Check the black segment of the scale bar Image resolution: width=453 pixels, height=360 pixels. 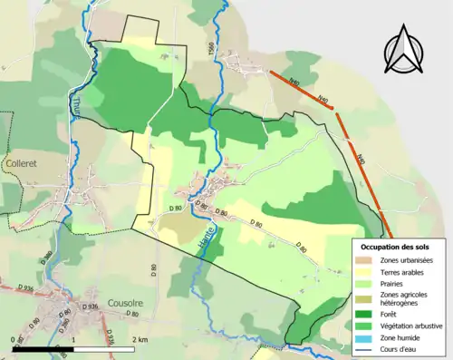tap(43, 349)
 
